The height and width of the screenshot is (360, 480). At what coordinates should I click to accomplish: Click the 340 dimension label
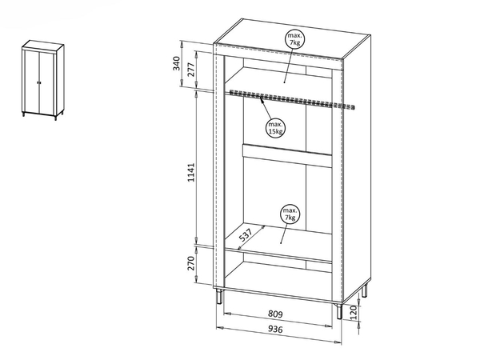click(177, 63)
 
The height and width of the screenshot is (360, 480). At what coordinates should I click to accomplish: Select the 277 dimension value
click(190, 70)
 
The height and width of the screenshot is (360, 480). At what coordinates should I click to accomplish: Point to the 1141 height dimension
click(190, 172)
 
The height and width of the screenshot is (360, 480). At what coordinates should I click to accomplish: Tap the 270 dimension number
click(190, 263)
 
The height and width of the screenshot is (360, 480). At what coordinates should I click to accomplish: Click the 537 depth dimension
click(246, 234)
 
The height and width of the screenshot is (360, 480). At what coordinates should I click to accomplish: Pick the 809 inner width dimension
click(275, 314)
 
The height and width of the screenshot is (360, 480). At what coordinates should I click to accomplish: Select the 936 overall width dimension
click(275, 329)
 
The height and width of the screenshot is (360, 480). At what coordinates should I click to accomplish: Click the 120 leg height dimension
click(353, 313)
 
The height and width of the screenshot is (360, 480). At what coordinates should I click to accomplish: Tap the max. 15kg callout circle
click(275, 128)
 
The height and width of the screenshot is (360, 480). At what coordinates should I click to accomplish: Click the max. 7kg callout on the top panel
click(294, 39)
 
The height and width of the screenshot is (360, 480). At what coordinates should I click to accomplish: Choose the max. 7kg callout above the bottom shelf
click(290, 214)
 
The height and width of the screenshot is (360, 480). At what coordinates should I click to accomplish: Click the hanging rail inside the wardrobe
click(292, 99)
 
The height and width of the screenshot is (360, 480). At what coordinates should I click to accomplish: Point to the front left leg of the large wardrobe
click(219, 296)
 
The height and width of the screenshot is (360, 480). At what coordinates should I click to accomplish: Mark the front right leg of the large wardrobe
click(339, 311)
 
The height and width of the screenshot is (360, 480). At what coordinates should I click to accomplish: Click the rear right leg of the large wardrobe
click(364, 291)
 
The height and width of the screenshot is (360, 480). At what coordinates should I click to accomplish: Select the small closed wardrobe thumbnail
click(43, 80)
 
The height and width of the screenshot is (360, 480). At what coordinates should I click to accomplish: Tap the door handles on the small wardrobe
click(39, 82)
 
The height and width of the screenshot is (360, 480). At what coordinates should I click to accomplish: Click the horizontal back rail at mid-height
click(287, 155)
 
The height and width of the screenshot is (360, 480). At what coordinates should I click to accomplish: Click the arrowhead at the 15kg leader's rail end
click(262, 98)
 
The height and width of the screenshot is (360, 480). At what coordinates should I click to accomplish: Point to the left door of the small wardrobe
click(32, 82)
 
